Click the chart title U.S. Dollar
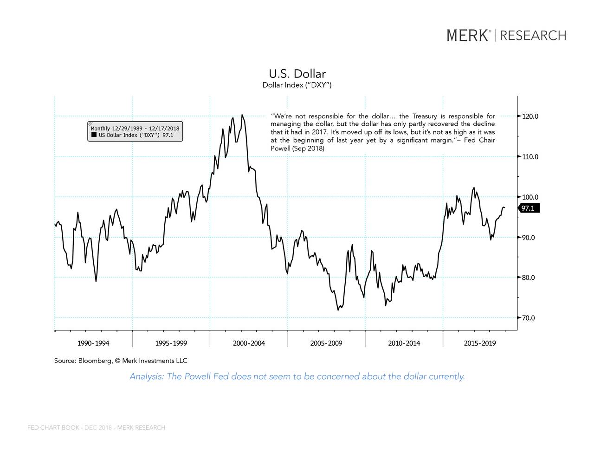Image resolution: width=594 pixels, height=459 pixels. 297,74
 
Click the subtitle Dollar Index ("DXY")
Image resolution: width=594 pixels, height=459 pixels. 297,85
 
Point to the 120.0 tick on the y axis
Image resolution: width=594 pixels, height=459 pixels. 530,116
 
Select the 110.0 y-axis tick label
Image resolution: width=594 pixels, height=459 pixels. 530,157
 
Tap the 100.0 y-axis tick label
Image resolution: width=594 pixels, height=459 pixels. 530,197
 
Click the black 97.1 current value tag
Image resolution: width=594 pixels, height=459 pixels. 528,208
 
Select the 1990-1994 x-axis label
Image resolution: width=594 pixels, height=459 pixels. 93,343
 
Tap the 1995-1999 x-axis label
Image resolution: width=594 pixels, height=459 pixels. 171,343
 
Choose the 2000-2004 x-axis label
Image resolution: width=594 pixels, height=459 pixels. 249,343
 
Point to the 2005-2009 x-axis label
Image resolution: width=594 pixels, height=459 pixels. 326,343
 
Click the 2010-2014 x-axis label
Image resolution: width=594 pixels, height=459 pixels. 404,343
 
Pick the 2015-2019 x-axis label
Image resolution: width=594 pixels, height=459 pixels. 479,343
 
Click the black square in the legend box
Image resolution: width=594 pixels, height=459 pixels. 94,135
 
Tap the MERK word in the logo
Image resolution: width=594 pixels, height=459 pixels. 468,35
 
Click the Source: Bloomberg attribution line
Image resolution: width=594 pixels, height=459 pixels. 121,361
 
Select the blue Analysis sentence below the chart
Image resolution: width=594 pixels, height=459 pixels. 297,376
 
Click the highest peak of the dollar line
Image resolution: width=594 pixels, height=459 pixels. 242,115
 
